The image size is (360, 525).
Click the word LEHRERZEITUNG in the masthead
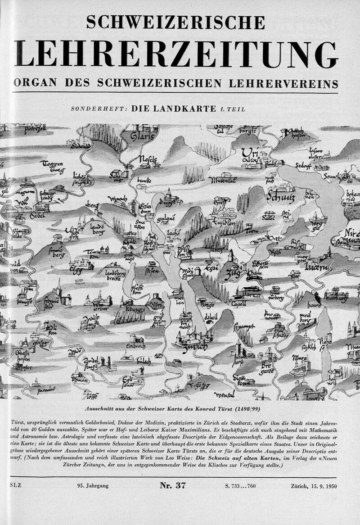[176, 54]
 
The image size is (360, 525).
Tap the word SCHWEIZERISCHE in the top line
[176, 23]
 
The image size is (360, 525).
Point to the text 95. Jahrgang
[90, 486]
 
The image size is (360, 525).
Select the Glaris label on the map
[141, 136]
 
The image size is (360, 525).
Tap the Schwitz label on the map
[281, 197]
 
